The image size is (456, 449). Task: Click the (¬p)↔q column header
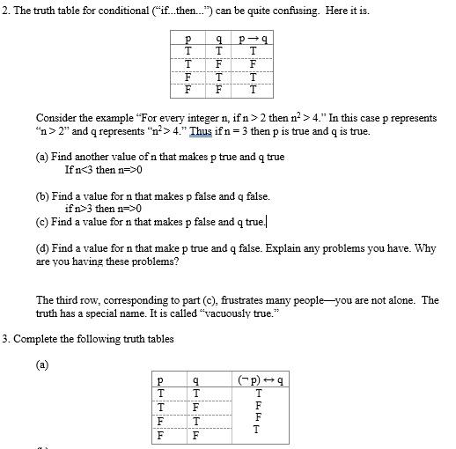(x=257, y=380)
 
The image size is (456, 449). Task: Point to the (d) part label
(x=43, y=249)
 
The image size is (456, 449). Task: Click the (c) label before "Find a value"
(x=43, y=222)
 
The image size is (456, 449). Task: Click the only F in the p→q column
(x=253, y=63)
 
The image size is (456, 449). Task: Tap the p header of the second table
(x=159, y=380)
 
